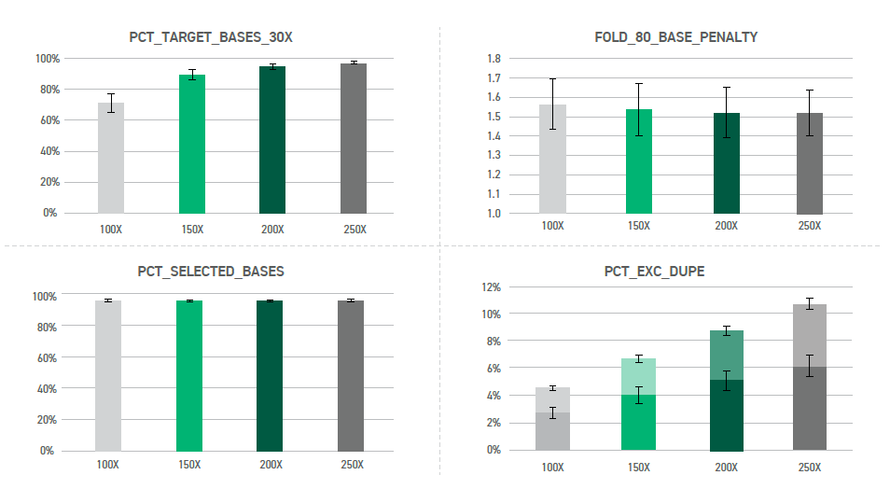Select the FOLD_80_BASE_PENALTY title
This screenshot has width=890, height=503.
click(675, 38)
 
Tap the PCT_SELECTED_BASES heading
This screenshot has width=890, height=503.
click(211, 272)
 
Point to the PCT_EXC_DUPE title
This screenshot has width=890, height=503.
click(667, 272)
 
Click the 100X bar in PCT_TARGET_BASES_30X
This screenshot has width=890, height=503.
click(110, 159)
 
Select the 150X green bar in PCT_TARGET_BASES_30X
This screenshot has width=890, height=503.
click(191, 145)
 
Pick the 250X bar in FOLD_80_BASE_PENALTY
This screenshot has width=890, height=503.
click(810, 163)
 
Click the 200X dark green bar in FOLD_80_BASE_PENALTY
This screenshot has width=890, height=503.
click(726, 163)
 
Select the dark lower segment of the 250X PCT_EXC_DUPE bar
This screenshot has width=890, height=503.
click(810, 411)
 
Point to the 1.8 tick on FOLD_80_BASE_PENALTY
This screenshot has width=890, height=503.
click(494, 59)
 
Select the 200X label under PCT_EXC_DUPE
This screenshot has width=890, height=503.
click(725, 467)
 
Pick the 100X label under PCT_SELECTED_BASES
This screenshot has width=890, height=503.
click(108, 465)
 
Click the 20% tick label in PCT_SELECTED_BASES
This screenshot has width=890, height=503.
click(45, 420)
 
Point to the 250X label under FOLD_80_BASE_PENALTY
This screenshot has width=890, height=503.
click(810, 227)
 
